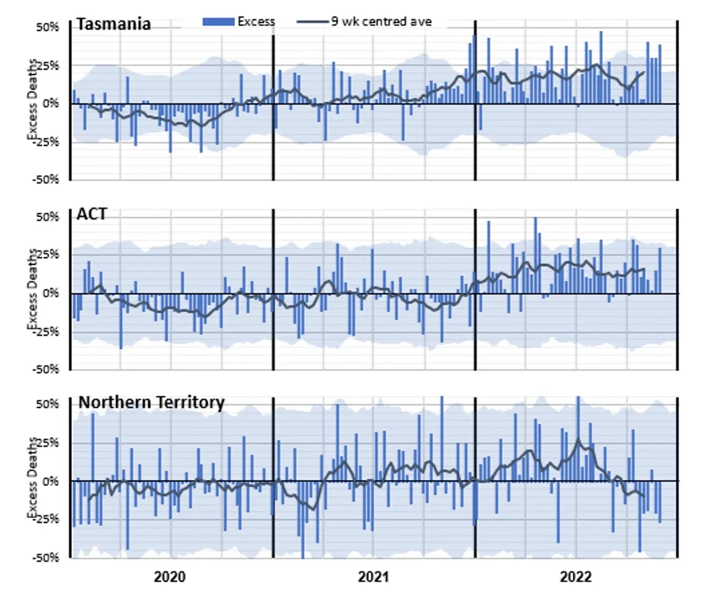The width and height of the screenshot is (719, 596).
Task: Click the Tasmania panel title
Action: [113, 24]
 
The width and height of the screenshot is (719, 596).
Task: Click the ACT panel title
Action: [92, 214]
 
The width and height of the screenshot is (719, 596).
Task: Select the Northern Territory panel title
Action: [151, 402]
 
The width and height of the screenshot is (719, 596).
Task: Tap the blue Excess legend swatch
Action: [219, 22]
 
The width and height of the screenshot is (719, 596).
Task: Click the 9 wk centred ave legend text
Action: [382, 22]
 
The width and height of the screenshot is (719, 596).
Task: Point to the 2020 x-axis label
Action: [170, 577]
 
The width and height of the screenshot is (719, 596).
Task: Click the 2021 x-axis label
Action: [373, 577]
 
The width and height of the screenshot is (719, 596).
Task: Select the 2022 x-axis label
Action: [576, 577]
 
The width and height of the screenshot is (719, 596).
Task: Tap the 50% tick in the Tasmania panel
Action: [48, 27]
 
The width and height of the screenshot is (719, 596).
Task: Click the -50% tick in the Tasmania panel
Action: [46, 180]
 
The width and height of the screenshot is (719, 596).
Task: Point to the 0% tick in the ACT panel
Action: [50, 293]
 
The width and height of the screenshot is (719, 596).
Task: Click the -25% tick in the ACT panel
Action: [46, 332]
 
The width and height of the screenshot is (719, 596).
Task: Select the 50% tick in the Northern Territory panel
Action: [48, 404]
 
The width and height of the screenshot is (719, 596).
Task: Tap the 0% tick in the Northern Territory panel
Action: [50, 481]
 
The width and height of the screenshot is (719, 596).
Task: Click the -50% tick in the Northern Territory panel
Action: [46, 557]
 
